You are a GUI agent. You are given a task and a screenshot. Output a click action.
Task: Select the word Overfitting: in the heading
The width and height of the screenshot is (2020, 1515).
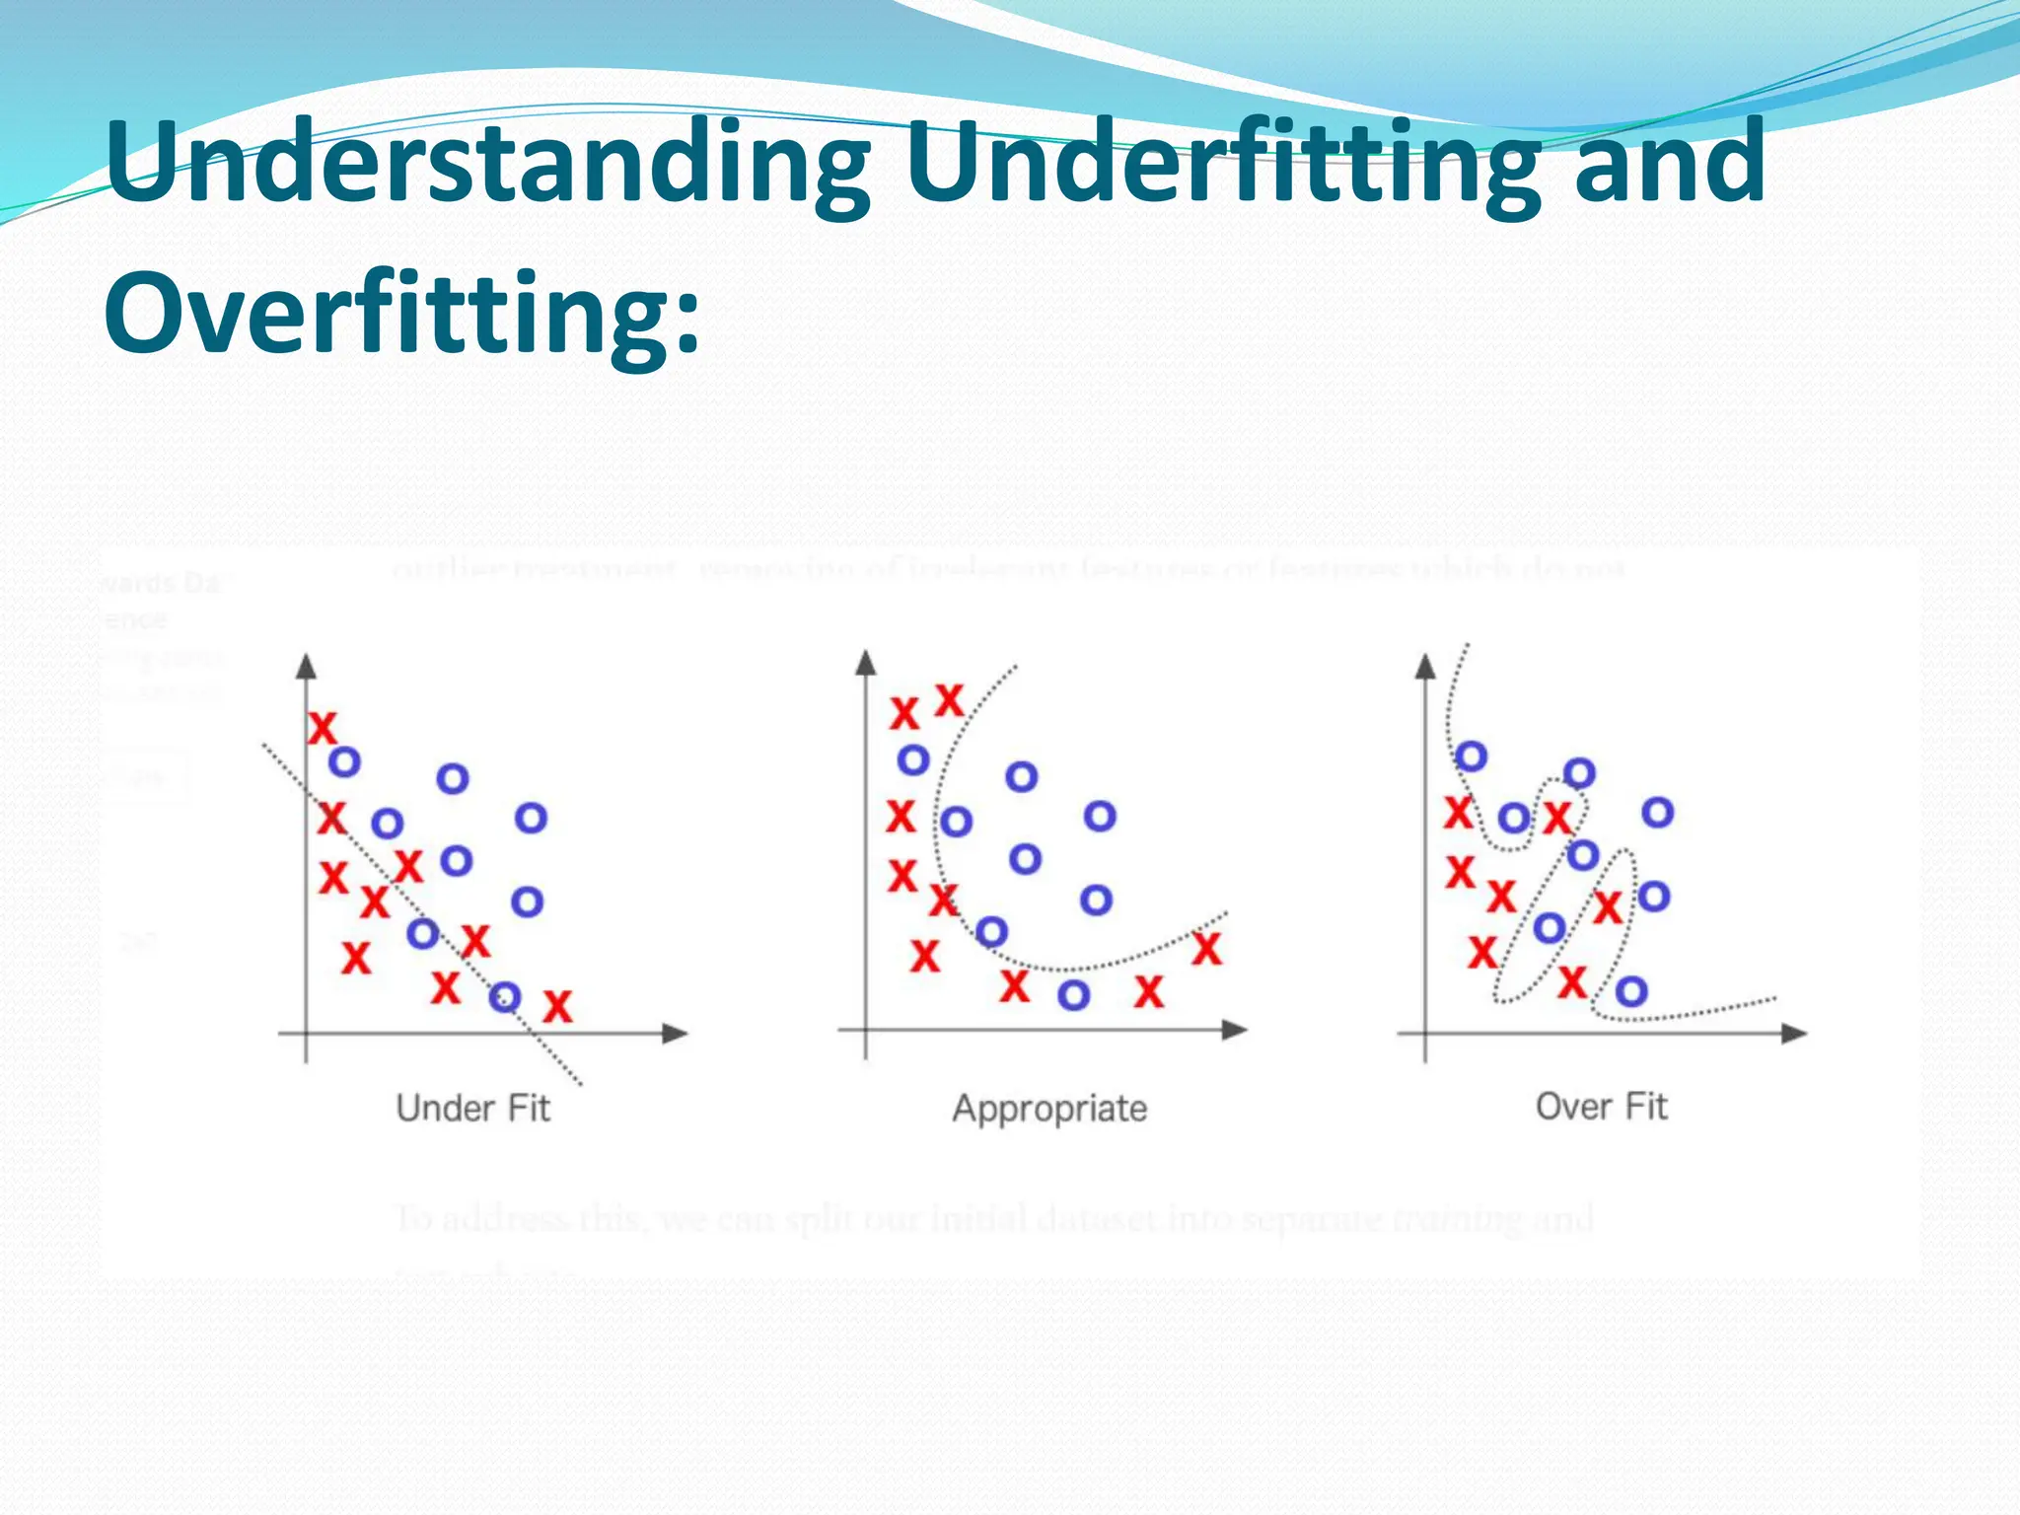[x=402, y=314]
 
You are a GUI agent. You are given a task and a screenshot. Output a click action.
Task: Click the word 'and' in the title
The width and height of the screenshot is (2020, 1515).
[x=1669, y=163]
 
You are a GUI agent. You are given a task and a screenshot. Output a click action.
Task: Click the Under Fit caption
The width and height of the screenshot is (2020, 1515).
[x=472, y=1109]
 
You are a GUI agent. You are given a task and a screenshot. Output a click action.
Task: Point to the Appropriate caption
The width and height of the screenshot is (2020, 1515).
[x=1049, y=1109]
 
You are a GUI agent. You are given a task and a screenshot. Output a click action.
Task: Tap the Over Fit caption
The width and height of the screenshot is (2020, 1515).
[x=1601, y=1107]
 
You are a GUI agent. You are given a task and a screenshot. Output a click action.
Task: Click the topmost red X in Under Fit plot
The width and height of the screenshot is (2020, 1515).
[x=322, y=729]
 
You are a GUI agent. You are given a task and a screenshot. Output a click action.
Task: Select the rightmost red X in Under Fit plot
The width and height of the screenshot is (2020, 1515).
[x=557, y=1007]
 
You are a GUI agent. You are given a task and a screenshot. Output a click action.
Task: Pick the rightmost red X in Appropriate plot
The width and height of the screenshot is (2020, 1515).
[x=1206, y=949]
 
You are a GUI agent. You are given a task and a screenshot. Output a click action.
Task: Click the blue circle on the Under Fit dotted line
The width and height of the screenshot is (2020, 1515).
[x=505, y=997]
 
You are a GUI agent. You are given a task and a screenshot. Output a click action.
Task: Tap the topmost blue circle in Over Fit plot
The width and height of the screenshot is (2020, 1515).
[x=1471, y=757]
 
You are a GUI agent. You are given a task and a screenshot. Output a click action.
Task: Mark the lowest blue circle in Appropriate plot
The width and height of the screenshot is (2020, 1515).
[x=1073, y=995]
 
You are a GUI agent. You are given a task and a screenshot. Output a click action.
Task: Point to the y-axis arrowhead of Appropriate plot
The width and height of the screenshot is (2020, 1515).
[x=866, y=662]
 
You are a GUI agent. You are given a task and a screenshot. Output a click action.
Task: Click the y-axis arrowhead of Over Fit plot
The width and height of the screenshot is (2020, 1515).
[x=1425, y=666]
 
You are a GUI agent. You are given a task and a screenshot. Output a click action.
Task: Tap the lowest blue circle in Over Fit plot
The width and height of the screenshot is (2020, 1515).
[x=1630, y=991]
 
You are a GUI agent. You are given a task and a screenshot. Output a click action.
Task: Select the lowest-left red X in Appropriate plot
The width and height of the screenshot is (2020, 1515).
[x=924, y=956]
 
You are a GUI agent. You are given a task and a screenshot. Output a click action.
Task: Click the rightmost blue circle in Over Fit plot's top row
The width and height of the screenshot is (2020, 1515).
[x=1657, y=813]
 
